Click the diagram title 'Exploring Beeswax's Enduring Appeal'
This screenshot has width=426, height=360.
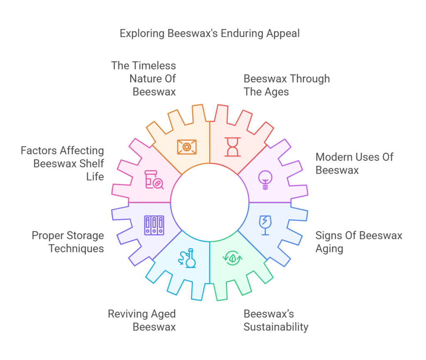point(210,33)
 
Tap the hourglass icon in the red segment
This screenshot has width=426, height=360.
point(233,147)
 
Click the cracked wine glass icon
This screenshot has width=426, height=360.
point(264,224)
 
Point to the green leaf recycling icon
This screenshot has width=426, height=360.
point(233,258)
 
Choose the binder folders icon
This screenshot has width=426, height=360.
point(154,225)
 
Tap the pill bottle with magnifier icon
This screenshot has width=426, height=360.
point(154,180)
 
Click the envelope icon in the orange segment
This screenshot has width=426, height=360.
point(187,147)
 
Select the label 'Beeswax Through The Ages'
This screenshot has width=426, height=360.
point(287,85)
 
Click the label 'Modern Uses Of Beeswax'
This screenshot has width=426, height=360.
point(354,163)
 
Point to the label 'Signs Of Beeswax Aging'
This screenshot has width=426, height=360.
point(359,242)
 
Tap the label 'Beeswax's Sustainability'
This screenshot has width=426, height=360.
point(276,320)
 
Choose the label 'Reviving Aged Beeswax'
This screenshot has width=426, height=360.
point(142,320)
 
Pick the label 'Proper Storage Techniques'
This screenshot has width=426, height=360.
point(68,242)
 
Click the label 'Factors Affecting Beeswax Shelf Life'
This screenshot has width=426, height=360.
point(62,163)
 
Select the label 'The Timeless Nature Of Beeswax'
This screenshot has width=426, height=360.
point(144,79)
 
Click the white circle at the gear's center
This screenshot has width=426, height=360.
point(210,202)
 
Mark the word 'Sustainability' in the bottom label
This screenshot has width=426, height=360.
point(276,327)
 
